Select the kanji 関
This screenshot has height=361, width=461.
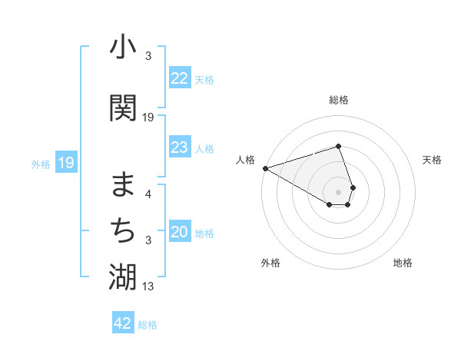coord(123,108)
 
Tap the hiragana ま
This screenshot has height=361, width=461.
coord(123,184)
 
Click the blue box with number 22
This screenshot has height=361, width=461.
coord(180,78)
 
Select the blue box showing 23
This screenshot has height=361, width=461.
coord(180,147)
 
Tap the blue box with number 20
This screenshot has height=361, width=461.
coord(180,233)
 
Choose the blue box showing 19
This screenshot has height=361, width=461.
coord(66,163)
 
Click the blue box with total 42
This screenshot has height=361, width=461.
coord(123,323)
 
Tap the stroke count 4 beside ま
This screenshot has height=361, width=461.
coord(148,194)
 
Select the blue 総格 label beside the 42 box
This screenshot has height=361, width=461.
coord(148,325)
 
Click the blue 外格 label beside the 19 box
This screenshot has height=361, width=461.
coord(41,164)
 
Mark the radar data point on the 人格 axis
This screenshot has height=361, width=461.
coord(265,168)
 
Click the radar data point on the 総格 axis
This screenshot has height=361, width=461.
coord(338,146)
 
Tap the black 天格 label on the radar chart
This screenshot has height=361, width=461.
coord(433,160)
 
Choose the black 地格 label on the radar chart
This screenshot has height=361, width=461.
coord(403,263)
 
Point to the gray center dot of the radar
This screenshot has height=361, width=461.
coord(339,190)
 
